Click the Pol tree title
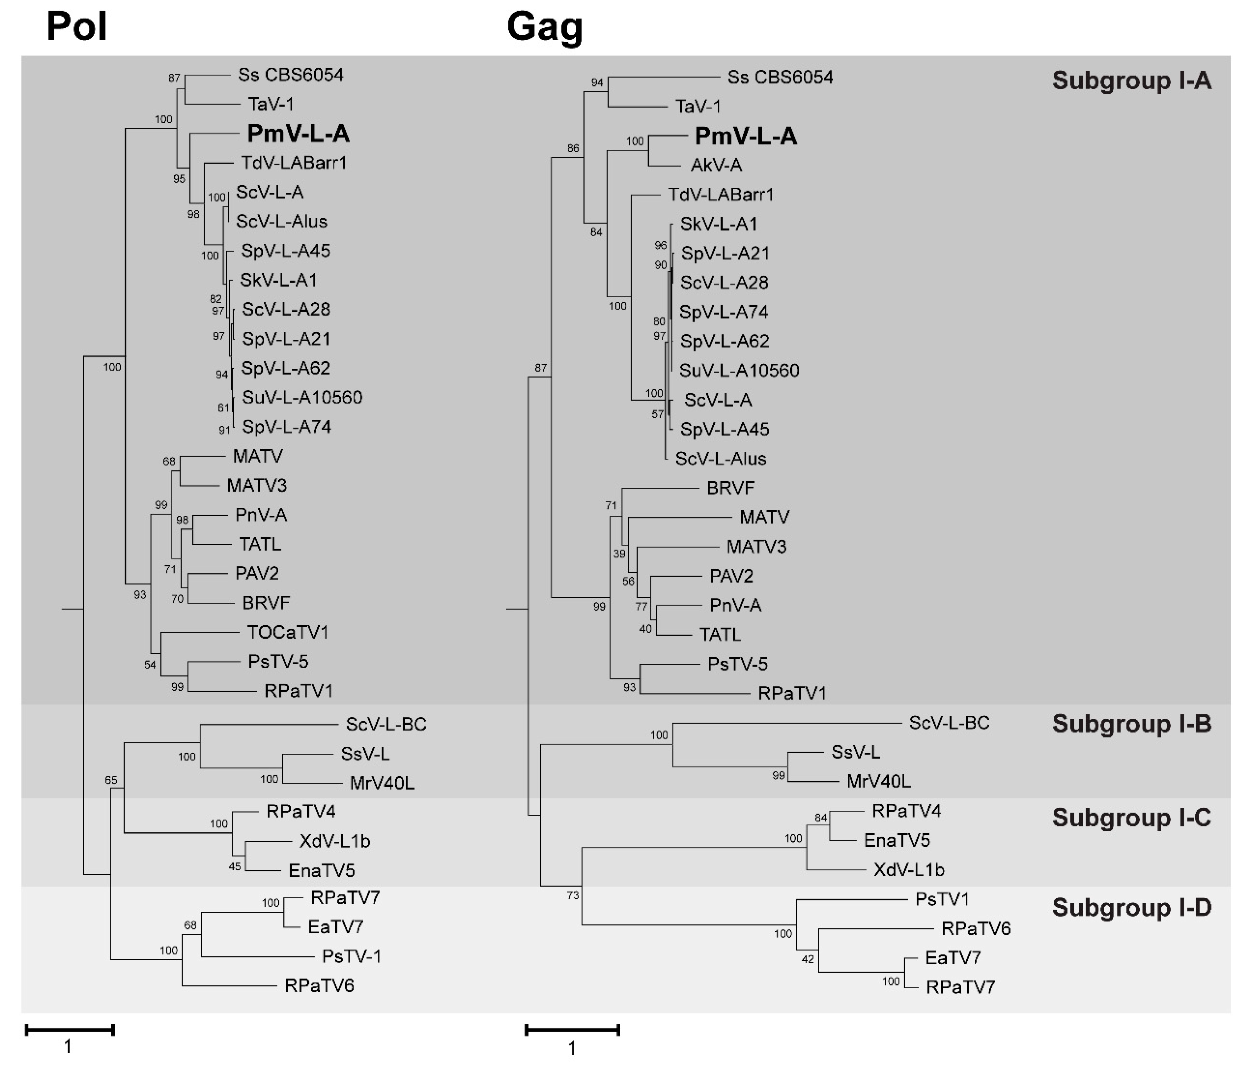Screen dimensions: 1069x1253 click(77, 27)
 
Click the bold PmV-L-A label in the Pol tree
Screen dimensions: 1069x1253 click(298, 134)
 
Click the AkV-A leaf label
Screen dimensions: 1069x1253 click(716, 165)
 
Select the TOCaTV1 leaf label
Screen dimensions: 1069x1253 click(288, 632)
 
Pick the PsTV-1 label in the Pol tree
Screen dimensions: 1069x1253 click(351, 956)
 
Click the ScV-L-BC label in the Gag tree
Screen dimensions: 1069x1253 click(949, 723)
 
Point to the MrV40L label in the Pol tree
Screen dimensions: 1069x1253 click(382, 784)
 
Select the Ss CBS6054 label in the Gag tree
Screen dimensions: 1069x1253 click(780, 78)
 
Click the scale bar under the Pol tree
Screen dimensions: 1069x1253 click(69, 1030)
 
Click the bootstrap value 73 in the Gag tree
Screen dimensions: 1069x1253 click(573, 895)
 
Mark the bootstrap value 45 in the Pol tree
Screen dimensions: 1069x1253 click(235, 866)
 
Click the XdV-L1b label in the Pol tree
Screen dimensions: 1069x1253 click(335, 841)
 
